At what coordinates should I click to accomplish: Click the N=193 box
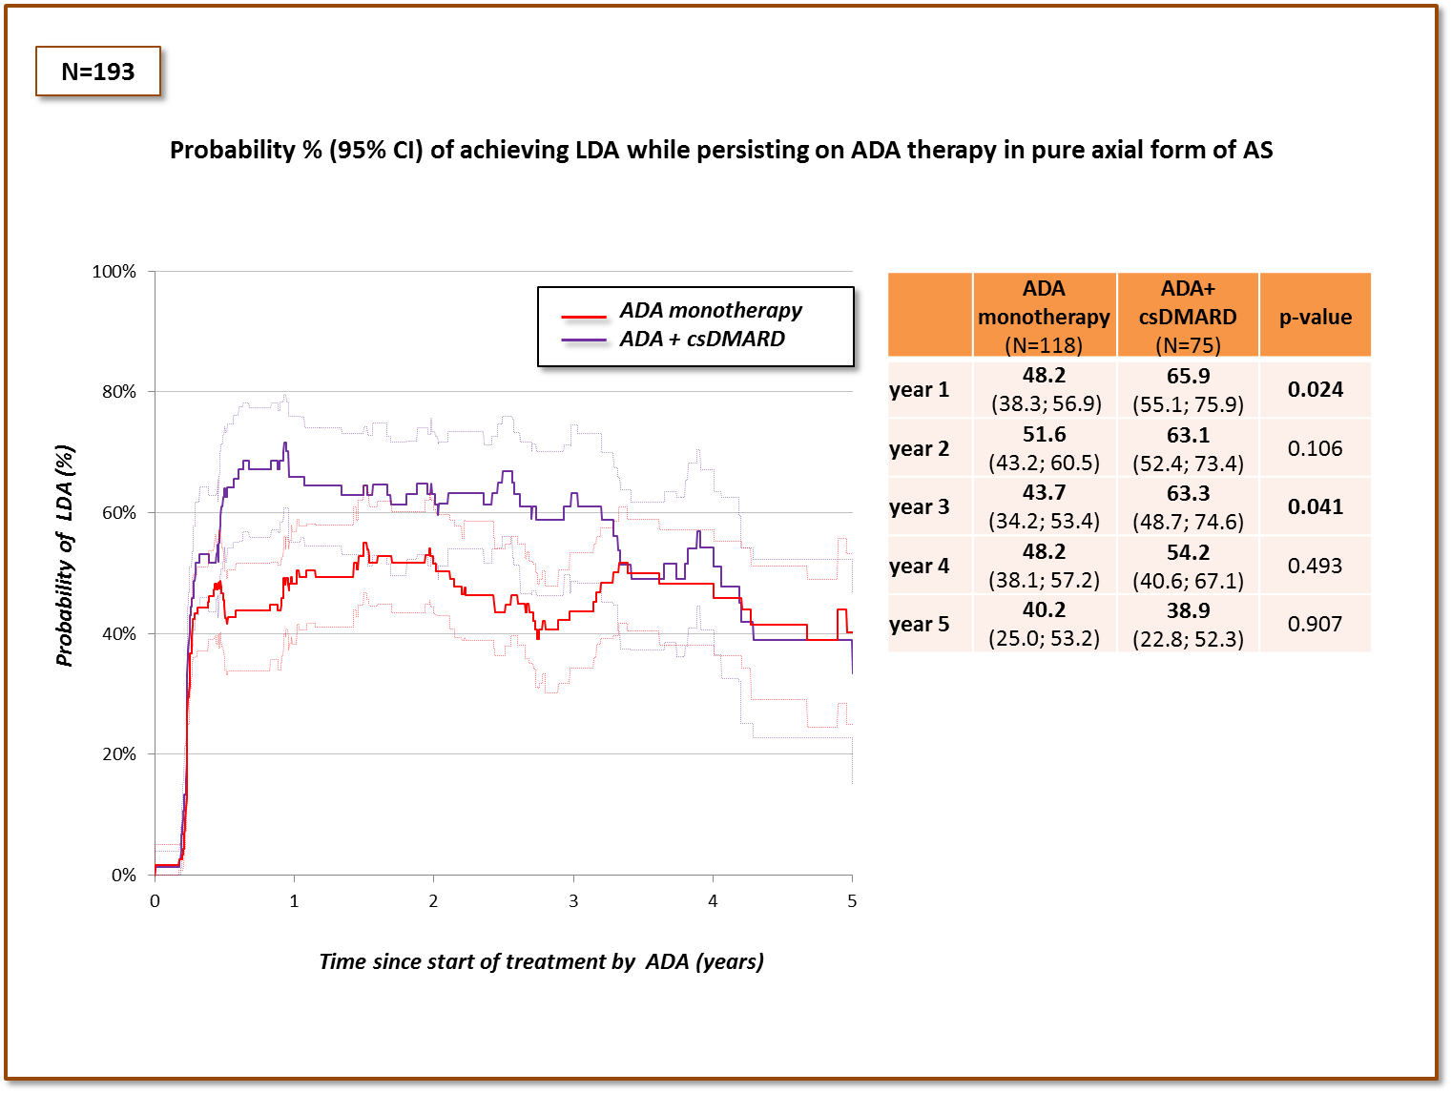click(x=98, y=72)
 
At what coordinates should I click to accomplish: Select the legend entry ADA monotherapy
click(x=711, y=311)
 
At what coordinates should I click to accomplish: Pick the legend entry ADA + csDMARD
click(x=702, y=340)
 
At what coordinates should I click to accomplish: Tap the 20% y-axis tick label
click(x=119, y=754)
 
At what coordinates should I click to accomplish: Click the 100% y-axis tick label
click(x=114, y=272)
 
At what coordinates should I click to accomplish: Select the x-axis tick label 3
click(x=573, y=901)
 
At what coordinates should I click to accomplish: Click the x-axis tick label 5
click(x=852, y=901)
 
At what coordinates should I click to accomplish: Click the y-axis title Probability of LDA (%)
click(x=65, y=556)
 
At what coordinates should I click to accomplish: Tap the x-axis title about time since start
click(x=541, y=961)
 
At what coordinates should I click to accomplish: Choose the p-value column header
click(x=1316, y=317)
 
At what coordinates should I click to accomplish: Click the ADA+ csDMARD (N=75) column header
click(x=1188, y=316)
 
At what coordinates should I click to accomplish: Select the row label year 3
click(x=919, y=507)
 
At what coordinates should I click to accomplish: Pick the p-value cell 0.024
click(x=1316, y=389)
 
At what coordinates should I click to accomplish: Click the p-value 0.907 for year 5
click(x=1316, y=624)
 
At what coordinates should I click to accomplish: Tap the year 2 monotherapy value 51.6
click(x=1045, y=435)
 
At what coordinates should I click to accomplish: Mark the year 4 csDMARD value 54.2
click(x=1188, y=552)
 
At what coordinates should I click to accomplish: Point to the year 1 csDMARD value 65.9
click(x=1188, y=376)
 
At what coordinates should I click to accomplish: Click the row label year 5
click(x=919, y=625)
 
